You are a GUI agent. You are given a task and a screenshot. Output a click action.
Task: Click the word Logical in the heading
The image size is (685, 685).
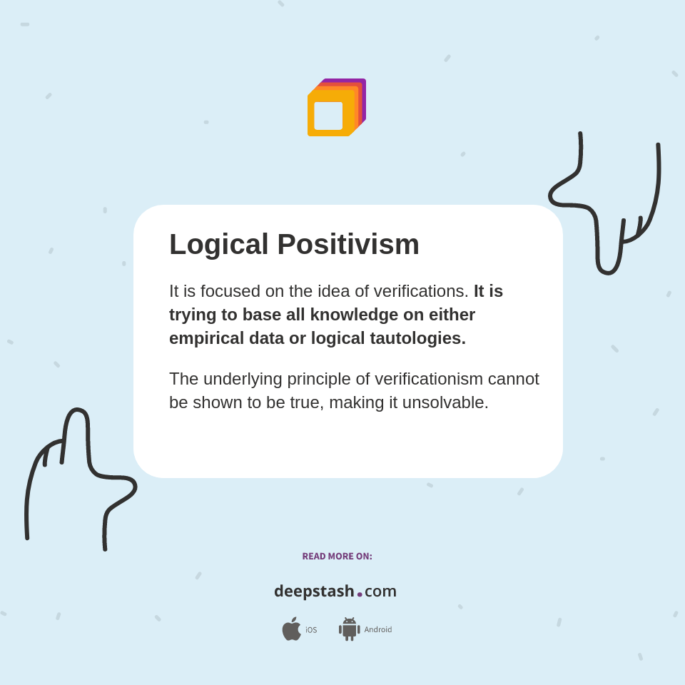click(x=218, y=245)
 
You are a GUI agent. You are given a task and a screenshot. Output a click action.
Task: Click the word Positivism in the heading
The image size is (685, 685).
click(x=348, y=245)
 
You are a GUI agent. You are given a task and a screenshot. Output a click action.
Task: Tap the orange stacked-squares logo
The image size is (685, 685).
click(x=336, y=108)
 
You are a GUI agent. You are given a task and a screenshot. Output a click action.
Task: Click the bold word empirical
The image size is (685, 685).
click(x=206, y=338)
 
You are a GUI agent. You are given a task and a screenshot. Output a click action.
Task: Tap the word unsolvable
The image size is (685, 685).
click(x=445, y=402)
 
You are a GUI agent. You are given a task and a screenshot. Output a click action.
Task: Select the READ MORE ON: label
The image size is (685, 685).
click(x=337, y=557)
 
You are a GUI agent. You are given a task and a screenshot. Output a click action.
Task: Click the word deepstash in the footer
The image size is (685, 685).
click(x=314, y=592)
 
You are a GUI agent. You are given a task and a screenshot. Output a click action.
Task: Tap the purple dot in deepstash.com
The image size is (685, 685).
click(x=360, y=594)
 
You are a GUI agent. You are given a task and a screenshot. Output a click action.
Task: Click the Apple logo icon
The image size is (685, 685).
click(x=291, y=629)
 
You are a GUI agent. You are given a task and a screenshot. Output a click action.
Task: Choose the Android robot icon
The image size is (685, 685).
click(x=349, y=629)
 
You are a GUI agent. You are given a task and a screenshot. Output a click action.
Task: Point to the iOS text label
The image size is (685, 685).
click(x=311, y=630)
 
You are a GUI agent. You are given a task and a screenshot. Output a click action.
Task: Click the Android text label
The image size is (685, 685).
click(x=377, y=630)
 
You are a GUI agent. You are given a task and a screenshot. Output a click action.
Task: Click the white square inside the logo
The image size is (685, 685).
click(x=328, y=116)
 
